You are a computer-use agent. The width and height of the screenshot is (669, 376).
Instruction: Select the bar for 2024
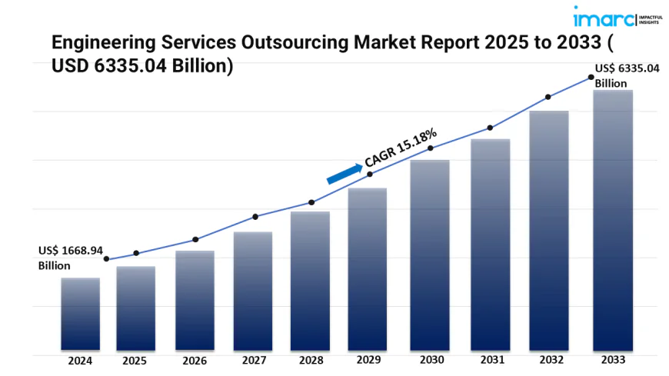coord(80,314)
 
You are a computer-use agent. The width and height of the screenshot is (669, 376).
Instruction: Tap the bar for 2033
coord(613,219)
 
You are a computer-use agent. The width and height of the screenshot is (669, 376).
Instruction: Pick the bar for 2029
coord(368,268)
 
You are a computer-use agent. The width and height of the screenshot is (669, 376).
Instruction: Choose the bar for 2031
coord(491,244)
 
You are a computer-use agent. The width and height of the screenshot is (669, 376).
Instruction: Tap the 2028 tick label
coord(310,360)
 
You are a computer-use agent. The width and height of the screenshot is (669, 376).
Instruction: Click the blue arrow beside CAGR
coord(344,173)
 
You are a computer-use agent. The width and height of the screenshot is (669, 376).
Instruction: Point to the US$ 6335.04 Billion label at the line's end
coord(627,75)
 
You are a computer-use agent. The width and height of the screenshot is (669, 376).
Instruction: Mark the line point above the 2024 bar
coord(106,259)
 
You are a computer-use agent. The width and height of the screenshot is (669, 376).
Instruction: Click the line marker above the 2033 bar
coord(591,77)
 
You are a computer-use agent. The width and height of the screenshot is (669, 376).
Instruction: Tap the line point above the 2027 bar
coord(255,217)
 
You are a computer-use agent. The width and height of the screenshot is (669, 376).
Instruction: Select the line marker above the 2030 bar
coord(431,148)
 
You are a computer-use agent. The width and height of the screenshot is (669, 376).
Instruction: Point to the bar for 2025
coord(136,308)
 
